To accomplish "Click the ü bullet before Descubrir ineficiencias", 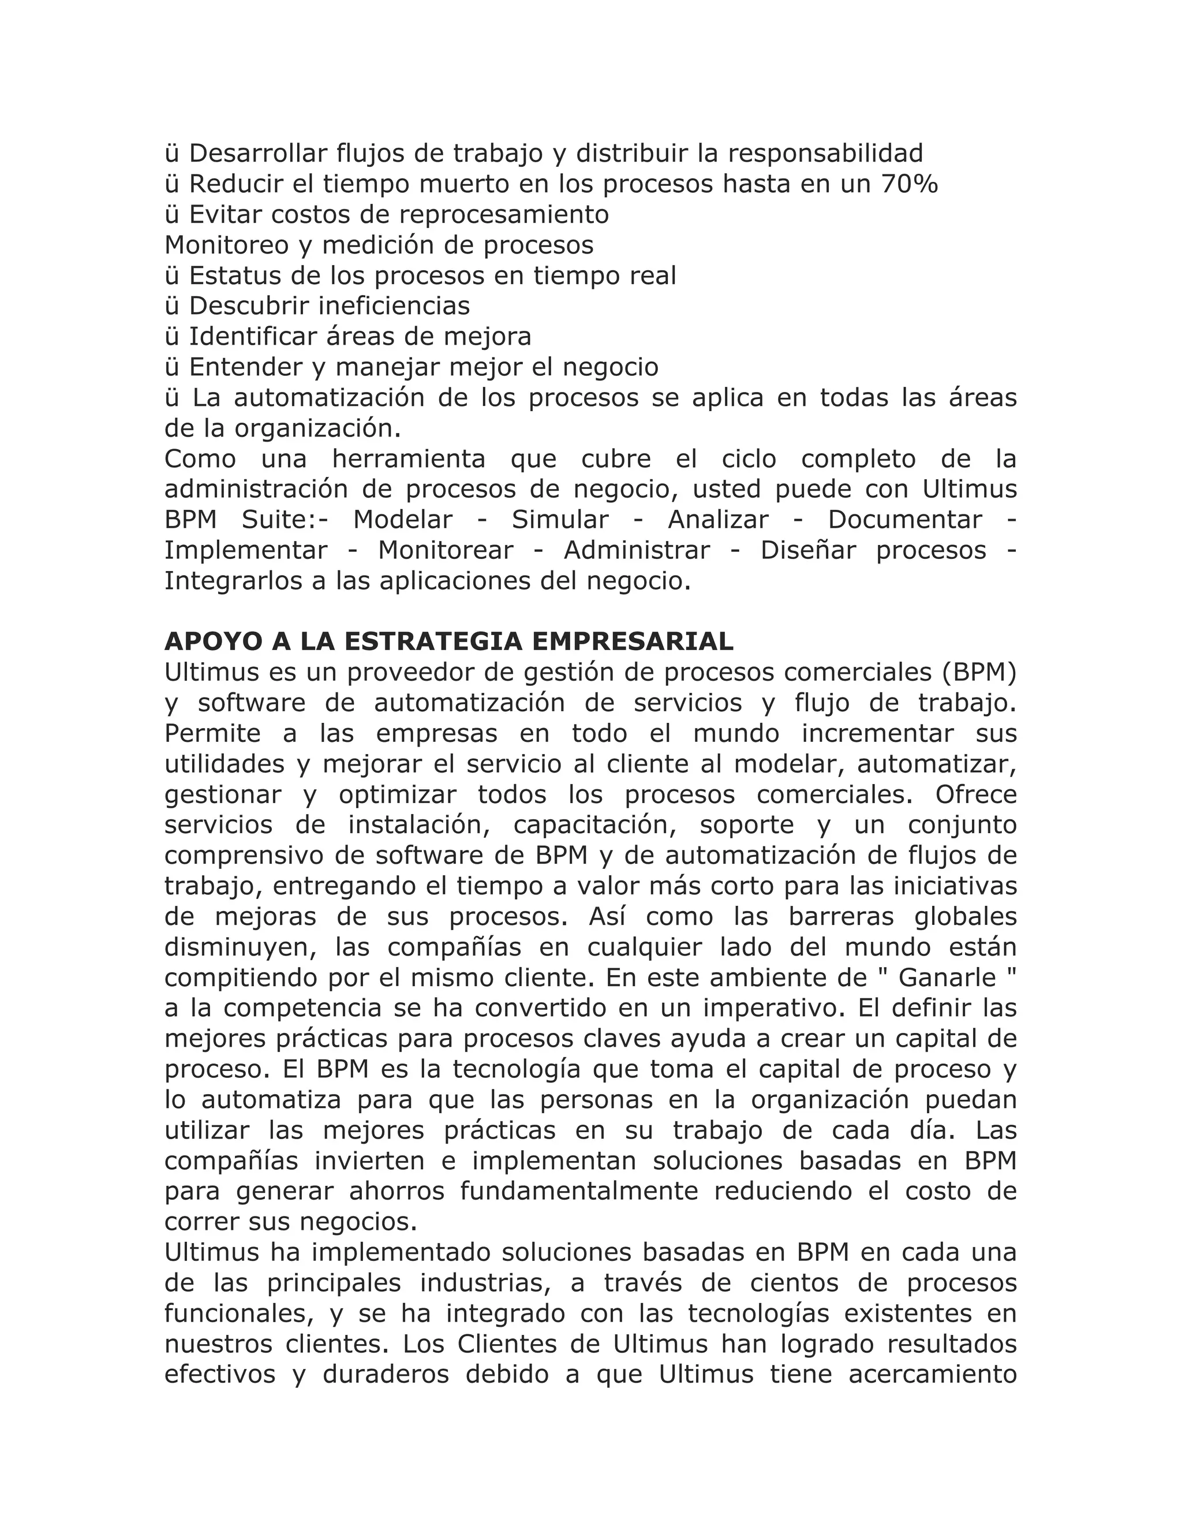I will [171, 306].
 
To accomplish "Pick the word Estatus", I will [232, 275].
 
